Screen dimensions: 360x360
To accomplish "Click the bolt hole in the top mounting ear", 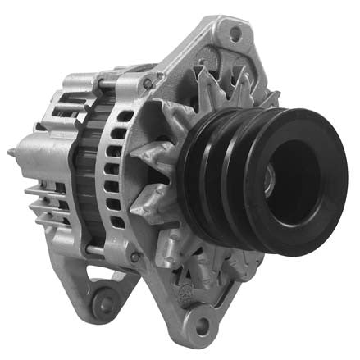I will [x=235, y=34].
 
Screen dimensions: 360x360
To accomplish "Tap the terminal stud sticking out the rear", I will [x=12, y=153].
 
